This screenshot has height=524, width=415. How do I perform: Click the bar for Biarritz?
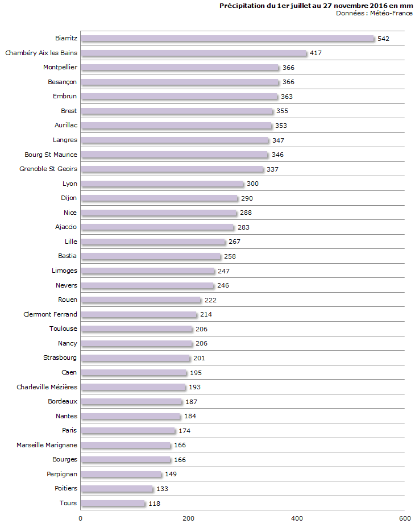point(227,39)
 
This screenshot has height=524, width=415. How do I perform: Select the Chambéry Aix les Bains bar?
point(193,53)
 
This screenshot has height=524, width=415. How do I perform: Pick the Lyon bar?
point(161,184)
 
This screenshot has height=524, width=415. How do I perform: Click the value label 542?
point(383,39)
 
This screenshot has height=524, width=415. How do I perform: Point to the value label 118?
point(154,504)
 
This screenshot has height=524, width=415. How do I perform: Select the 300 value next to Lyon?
point(252,184)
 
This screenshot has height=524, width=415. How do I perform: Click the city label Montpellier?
point(60,68)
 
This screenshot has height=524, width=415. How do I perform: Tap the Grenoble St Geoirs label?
point(48,169)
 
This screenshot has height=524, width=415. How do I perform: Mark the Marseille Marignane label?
point(47,445)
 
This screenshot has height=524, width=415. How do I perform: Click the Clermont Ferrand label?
point(51,314)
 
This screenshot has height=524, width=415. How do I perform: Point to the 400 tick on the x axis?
point(297,518)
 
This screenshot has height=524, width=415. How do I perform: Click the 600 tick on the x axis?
point(405,518)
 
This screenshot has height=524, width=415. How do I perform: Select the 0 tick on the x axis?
point(80,518)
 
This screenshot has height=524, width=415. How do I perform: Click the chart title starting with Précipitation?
point(316,6)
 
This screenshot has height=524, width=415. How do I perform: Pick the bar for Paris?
point(127,431)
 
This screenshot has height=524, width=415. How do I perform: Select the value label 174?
point(185,431)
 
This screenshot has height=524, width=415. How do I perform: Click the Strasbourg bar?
point(135,358)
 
